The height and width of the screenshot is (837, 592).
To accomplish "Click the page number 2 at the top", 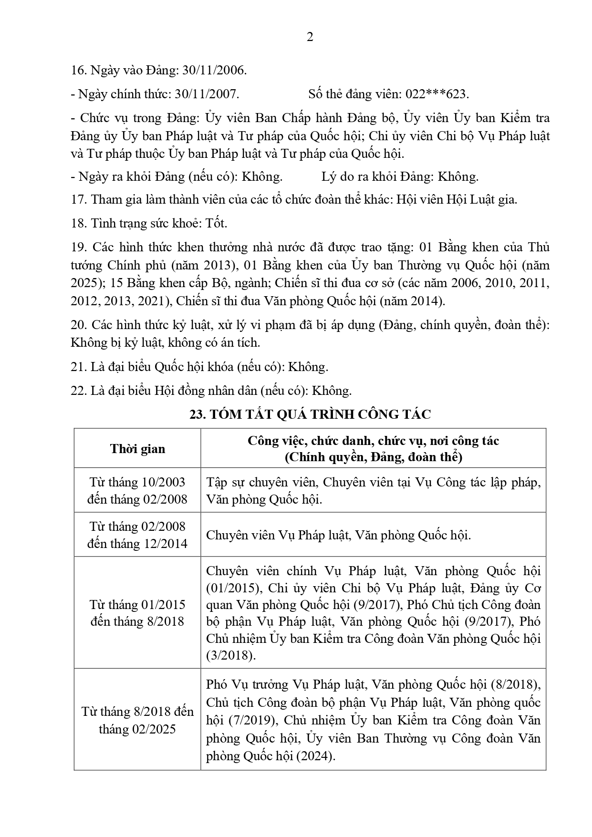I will click(x=310, y=37).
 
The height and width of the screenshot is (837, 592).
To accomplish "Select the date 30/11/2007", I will click(x=207, y=94).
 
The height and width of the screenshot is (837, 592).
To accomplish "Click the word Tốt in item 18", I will click(x=217, y=223).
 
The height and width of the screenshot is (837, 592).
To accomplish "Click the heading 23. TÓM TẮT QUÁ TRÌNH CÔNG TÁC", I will click(x=310, y=414).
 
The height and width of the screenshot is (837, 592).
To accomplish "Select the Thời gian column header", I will click(x=137, y=449).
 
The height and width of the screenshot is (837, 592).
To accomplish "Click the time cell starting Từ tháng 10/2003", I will click(x=137, y=491).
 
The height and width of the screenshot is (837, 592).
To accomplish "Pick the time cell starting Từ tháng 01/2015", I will click(x=137, y=613).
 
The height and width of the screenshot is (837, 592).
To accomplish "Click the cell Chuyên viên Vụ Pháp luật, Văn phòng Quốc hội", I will click(x=338, y=535).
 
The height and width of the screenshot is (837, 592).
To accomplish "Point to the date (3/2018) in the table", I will click(x=231, y=656).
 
